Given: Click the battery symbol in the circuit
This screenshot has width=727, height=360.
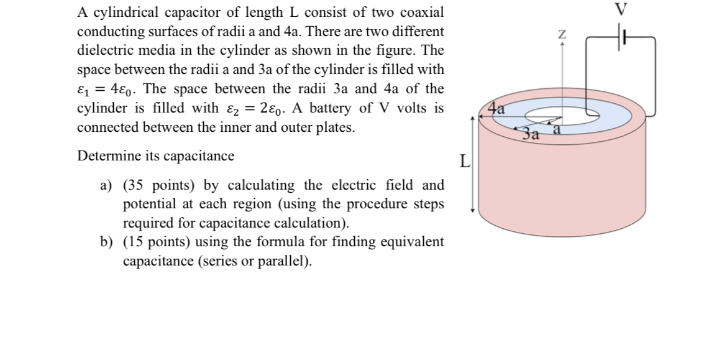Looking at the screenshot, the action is pos(621,37).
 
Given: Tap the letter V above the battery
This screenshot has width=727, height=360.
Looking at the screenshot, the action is pos(621,9).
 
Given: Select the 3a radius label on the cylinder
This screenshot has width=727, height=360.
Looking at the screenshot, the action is pos(529,133).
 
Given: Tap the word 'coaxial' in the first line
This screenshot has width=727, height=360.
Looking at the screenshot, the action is pos(422,12).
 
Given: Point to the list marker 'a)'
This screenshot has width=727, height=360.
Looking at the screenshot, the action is pos(106,185).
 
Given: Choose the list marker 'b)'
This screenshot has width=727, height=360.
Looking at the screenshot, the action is pos(107,242).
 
